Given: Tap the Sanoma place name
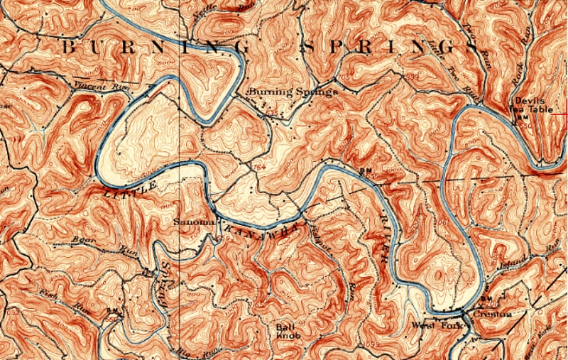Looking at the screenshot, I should (x=191, y=222).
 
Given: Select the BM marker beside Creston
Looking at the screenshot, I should (x=488, y=299).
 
